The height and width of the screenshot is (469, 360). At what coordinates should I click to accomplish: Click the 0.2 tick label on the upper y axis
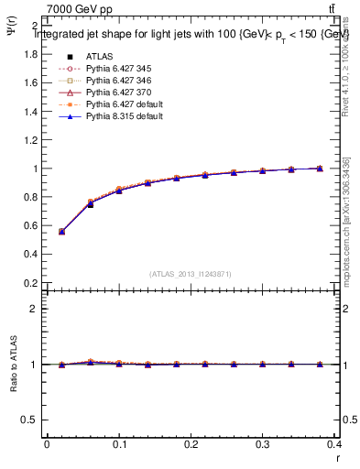click(30, 283)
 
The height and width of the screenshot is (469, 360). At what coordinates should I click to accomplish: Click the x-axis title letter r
click(336, 456)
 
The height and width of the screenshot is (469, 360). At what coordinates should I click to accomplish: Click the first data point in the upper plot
click(62, 232)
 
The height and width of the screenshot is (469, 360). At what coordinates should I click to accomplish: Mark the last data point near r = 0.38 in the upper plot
click(319, 169)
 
